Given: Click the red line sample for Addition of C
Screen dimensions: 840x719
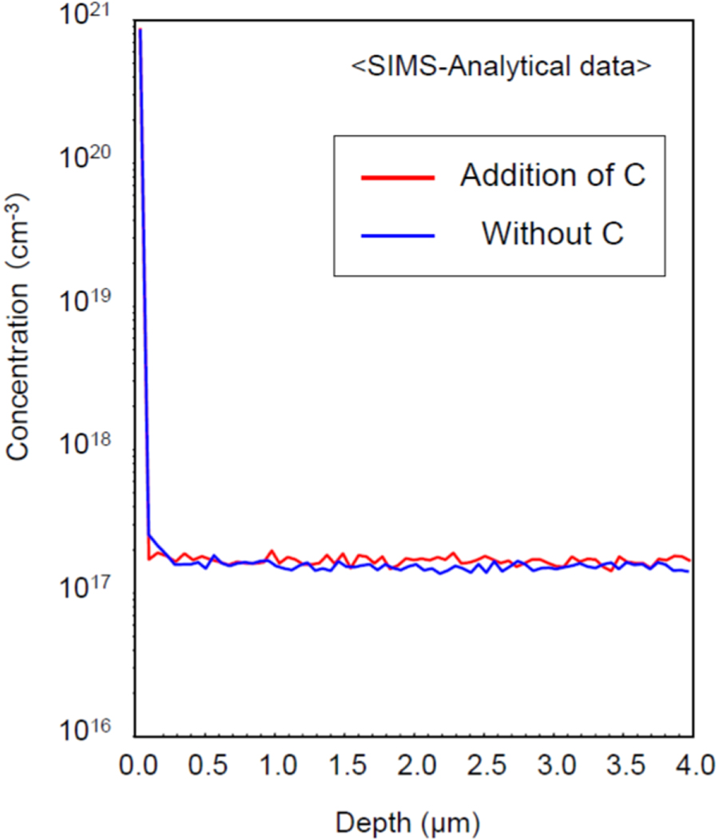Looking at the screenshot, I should (x=398, y=177).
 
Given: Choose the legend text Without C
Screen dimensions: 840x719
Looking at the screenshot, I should (x=552, y=233).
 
